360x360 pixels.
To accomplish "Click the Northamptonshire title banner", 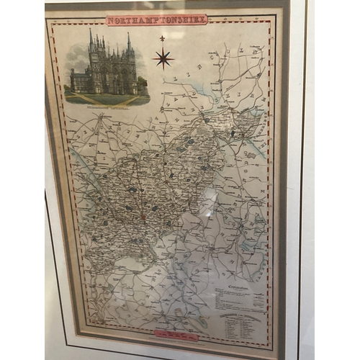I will (156, 19).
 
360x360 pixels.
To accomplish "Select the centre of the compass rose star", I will (163, 58).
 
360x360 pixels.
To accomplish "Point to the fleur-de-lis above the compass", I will (163, 38).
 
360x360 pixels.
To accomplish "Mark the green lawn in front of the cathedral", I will (108, 99).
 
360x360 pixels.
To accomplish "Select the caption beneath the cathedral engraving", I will (107, 111).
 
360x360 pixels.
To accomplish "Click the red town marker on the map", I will (143, 215).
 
